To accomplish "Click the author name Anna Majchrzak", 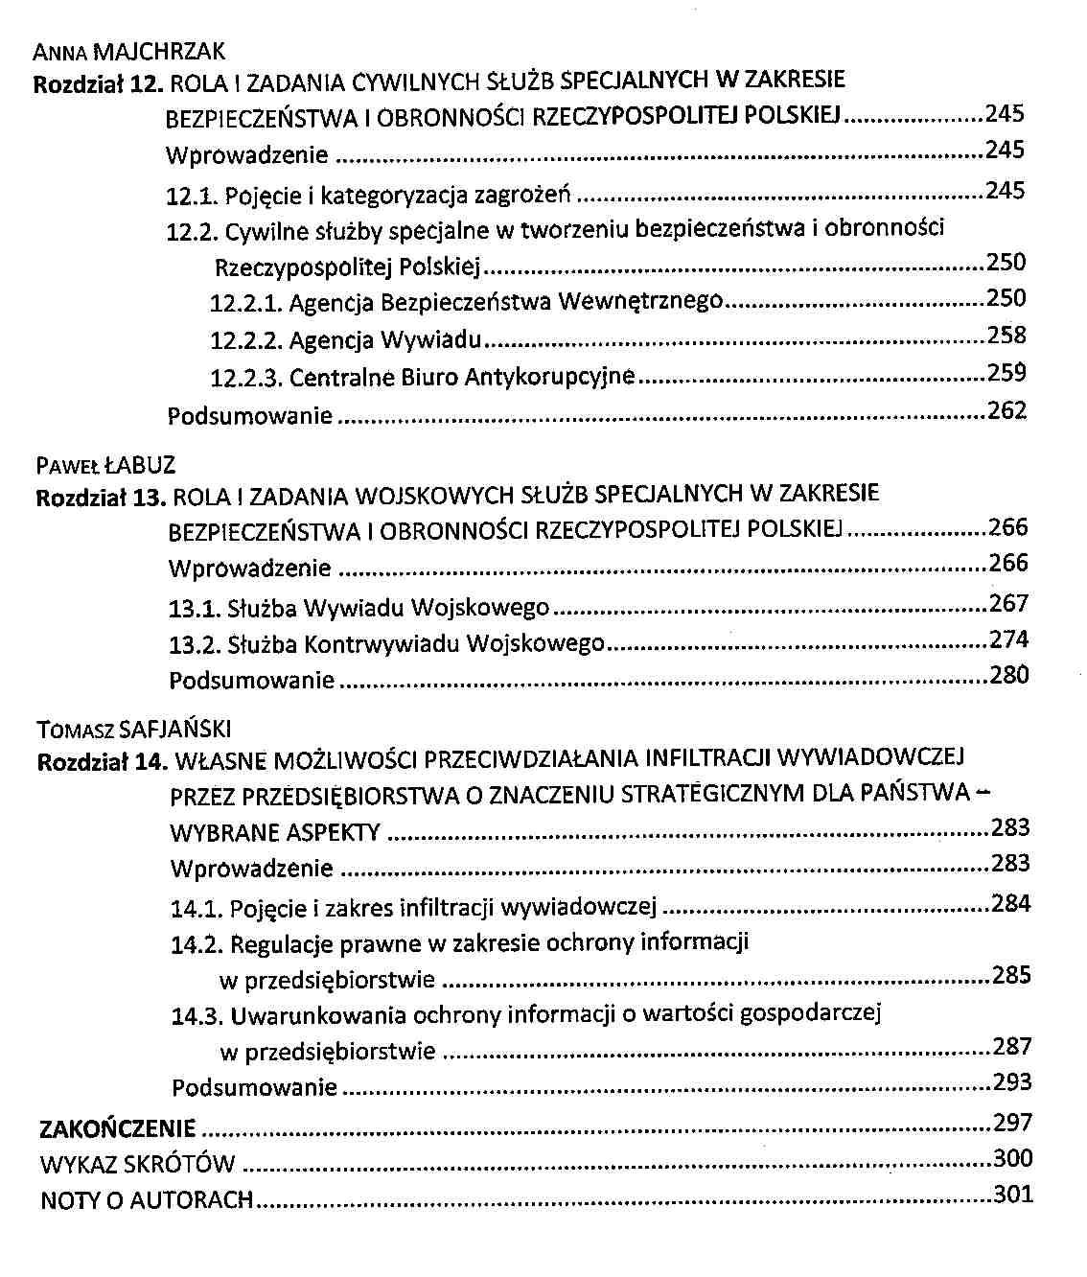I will (x=128, y=51).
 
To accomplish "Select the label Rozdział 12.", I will (x=99, y=83).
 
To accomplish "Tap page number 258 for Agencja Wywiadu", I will (x=1006, y=336).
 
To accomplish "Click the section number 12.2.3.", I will (x=245, y=378).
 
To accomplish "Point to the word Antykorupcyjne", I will (x=549, y=378).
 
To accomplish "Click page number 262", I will (x=1006, y=411).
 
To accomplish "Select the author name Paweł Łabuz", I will (x=106, y=467).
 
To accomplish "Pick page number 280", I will (x=1008, y=675).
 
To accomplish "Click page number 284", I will (x=1010, y=903).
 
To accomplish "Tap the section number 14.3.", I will (x=197, y=1015).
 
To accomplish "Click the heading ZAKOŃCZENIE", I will (x=118, y=1128).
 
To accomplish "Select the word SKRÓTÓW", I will (x=187, y=1165).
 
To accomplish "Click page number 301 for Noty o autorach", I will (x=1013, y=1195).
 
